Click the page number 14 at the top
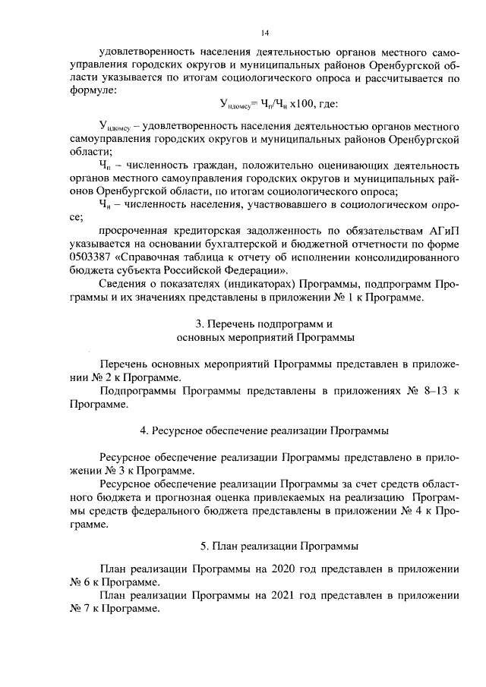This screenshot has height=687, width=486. pos(265,33)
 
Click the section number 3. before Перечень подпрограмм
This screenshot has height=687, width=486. pos(198,323)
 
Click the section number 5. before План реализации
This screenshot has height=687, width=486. pos(204,545)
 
